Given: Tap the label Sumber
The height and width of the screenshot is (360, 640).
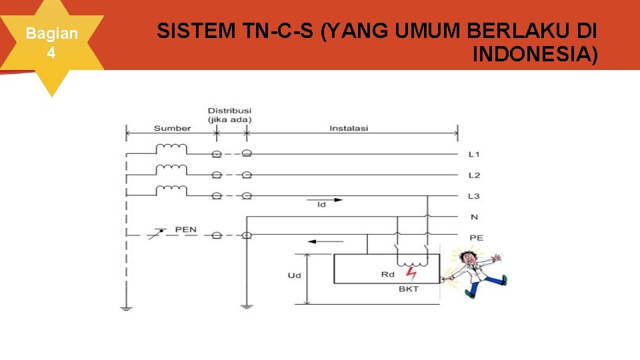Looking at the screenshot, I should [172, 128].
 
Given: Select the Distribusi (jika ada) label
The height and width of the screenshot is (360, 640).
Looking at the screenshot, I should [229, 115].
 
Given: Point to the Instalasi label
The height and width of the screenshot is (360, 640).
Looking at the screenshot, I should [349, 128].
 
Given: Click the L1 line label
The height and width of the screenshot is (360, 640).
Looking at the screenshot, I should [474, 155].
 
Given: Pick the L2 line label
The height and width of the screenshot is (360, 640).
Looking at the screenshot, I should [474, 175].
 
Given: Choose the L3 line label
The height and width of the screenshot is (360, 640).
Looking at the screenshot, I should [474, 196].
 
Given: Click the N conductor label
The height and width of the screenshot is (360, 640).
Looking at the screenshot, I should [474, 217].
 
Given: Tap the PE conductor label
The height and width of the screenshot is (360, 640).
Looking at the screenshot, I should [476, 237].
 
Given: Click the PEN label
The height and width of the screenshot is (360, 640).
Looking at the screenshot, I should [186, 230].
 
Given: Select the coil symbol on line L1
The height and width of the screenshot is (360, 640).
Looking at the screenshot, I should [171, 148].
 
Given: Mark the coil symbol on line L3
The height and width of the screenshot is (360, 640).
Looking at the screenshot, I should [171, 189].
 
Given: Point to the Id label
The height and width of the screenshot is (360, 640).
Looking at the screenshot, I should [321, 205].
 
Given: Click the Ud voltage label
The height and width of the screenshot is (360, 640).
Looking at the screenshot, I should [293, 275].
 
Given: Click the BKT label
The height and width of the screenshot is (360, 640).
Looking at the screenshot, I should [408, 289].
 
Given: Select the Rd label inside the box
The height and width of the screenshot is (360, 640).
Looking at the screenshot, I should [388, 274].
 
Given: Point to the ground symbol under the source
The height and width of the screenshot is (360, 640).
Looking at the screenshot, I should [126, 309].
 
